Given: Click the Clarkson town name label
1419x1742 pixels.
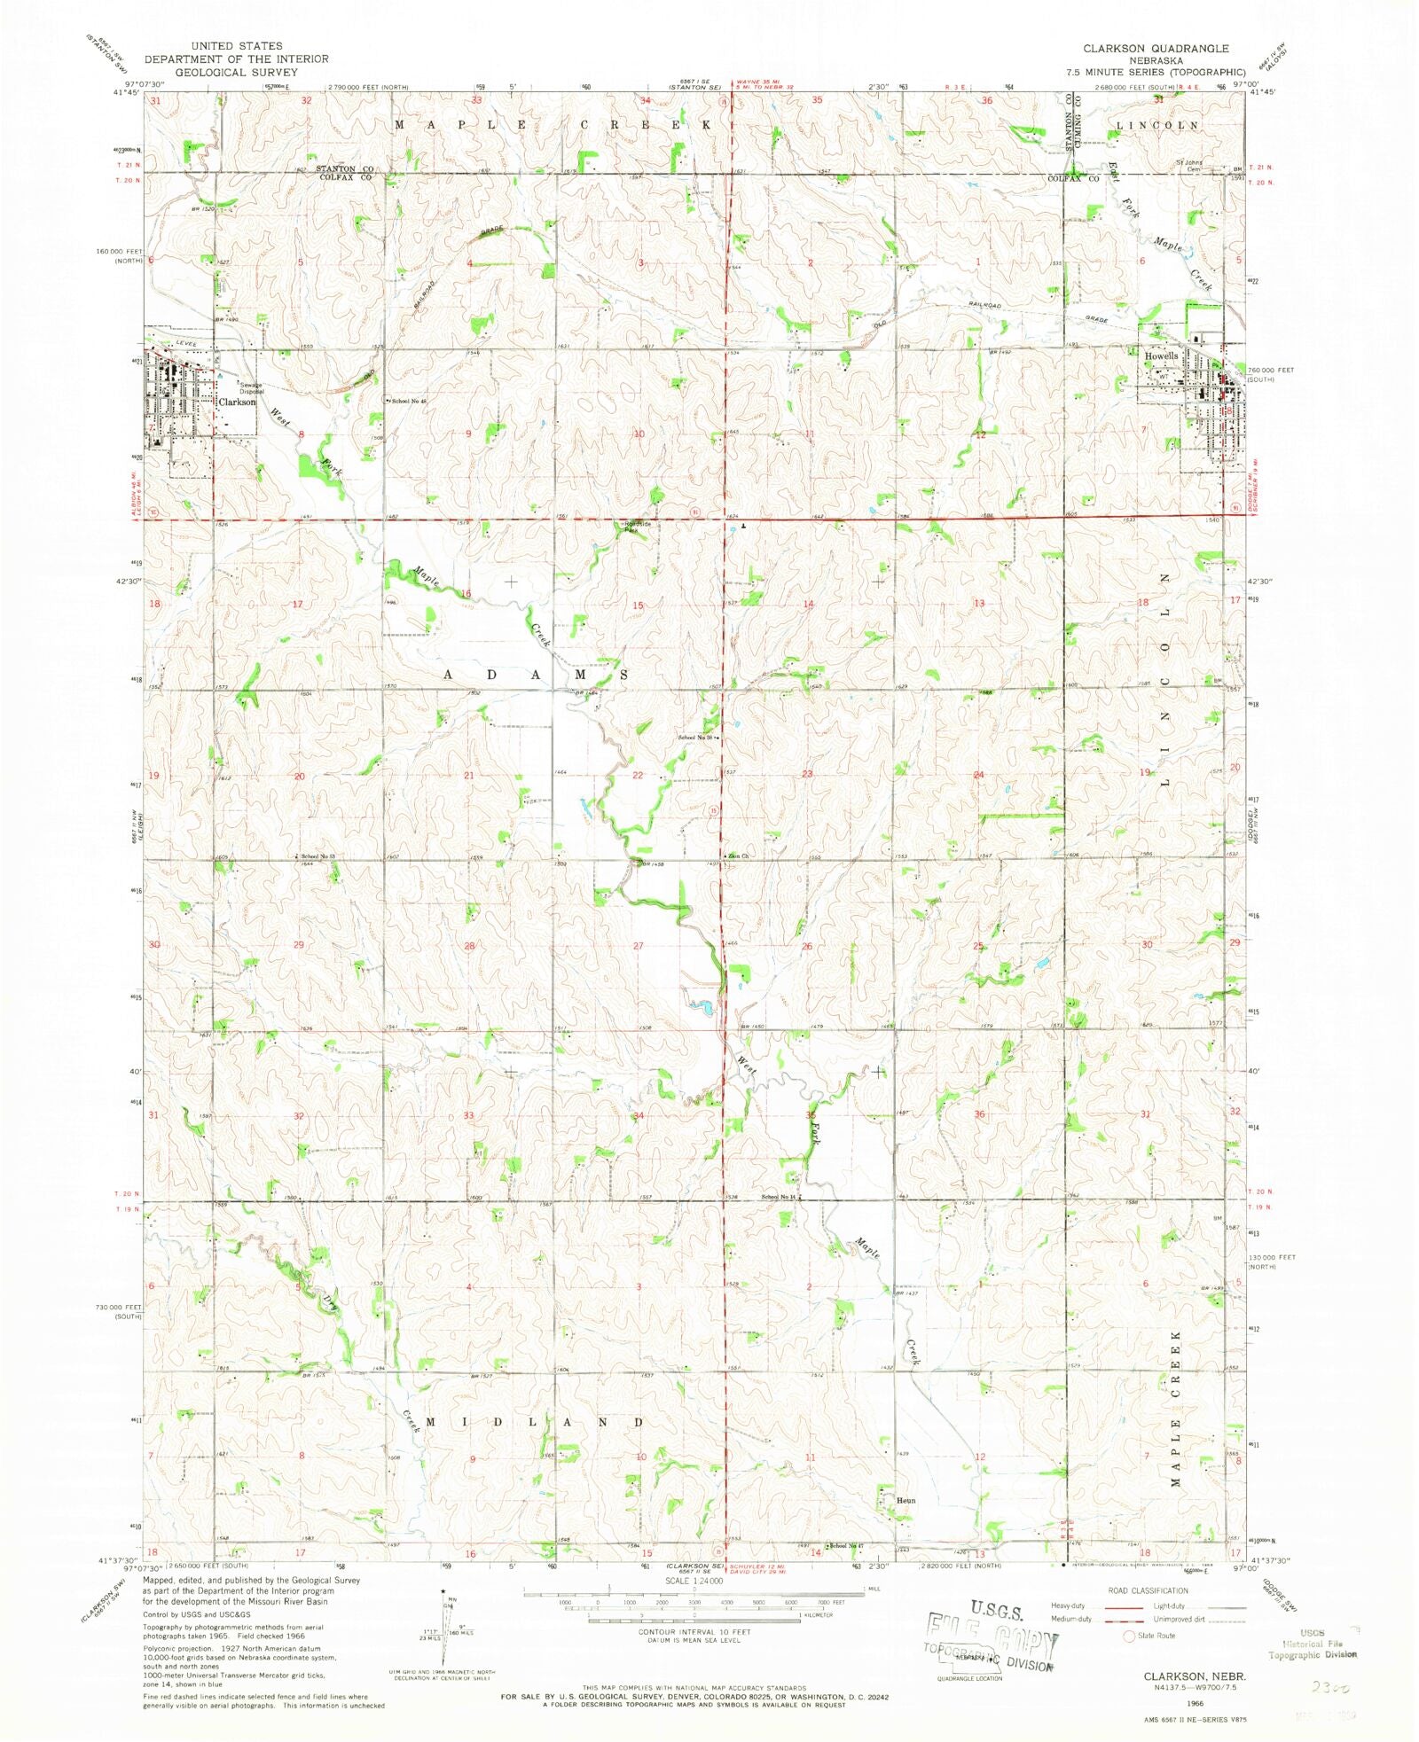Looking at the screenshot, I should point(237,402).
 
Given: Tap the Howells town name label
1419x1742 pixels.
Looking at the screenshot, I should point(1161,356).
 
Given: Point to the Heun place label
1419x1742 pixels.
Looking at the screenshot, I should point(905,1501).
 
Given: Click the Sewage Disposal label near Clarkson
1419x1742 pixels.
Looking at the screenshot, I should point(250,388).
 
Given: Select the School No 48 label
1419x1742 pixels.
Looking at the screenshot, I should point(409,401).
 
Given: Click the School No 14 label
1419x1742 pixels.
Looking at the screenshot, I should point(780,1197).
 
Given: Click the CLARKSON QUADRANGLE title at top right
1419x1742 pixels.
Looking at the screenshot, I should point(1156,49).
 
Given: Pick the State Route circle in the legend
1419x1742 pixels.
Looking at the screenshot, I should point(1129,1636).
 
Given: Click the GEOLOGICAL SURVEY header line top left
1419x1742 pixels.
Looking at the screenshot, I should point(236,72).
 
